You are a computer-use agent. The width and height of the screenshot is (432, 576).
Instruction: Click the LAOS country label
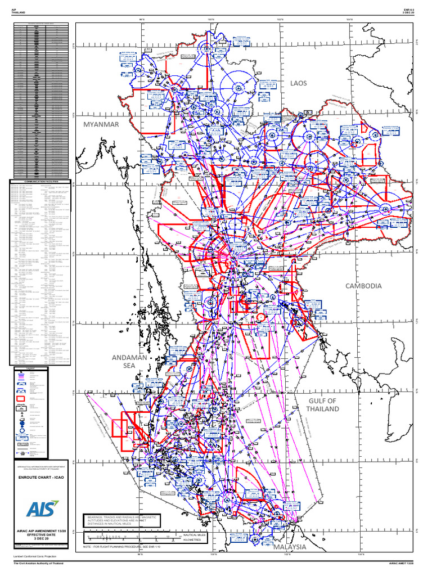(299, 83)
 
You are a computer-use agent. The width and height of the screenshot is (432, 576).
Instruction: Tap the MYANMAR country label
(101, 124)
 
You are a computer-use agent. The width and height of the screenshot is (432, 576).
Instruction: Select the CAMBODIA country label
(364, 286)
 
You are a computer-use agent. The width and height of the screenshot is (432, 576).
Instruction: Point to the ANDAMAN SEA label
(129, 361)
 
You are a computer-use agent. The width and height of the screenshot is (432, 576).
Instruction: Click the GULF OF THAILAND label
(323, 404)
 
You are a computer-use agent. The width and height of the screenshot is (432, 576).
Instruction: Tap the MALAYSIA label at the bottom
(290, 546)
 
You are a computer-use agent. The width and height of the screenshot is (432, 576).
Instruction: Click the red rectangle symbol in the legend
(21, 399)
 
